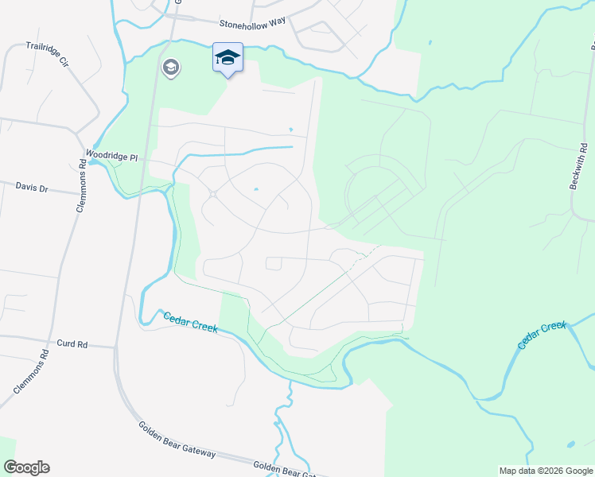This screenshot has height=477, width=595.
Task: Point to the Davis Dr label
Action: coord(32,188)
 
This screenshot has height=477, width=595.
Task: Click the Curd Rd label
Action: coord(72,344)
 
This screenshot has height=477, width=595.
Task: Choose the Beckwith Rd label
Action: coord(579,166)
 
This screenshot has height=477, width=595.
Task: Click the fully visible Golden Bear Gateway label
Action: coord(177,440)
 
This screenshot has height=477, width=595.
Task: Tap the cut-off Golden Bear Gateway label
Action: coord(284,471)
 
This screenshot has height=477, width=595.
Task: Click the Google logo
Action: coord(26,467)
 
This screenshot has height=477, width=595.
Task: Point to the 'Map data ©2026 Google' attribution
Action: coord(546,471)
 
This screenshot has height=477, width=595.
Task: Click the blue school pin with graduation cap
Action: coord(227,59)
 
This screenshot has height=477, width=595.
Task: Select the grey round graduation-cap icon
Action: coord(170,68)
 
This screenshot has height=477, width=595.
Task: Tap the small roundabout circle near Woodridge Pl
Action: coord(213,195)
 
